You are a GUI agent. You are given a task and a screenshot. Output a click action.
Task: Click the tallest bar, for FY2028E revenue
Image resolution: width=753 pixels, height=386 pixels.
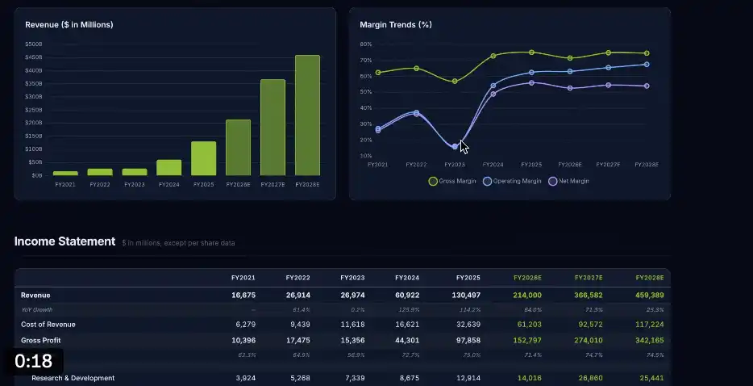coord(307,115)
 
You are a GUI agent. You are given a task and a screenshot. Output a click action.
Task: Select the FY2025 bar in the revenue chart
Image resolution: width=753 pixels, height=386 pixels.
coord(204,158)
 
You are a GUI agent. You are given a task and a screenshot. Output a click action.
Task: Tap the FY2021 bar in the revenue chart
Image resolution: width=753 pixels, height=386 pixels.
coord(65,173)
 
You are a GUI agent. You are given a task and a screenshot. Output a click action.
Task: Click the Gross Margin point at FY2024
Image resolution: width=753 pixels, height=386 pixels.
coord(493,56)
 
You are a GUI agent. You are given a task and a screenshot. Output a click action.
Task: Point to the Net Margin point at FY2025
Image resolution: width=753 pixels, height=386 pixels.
coord(531,83)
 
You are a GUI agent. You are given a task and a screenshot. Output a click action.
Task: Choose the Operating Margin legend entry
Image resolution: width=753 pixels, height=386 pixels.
coord(512,182)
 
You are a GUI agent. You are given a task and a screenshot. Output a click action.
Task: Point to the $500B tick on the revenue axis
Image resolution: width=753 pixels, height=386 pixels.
coord(34,44)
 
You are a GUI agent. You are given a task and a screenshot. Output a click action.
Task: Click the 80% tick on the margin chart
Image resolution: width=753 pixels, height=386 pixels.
coord(365,44)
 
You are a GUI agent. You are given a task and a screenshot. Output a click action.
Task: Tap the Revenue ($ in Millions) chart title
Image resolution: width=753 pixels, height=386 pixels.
coord(69,25)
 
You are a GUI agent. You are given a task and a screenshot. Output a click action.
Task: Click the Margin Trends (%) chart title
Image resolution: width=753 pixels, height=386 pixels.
coord(396,25)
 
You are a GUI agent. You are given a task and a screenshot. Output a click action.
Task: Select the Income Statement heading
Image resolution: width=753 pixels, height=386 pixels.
coord(64,241)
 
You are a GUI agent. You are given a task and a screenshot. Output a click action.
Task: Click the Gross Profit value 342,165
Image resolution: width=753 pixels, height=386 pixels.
coord(649,340)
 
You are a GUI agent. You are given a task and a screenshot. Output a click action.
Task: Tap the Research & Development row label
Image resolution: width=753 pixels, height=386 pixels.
coord(73,378)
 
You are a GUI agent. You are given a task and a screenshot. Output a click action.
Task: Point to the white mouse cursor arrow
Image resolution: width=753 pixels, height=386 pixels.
coord(464,147)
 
